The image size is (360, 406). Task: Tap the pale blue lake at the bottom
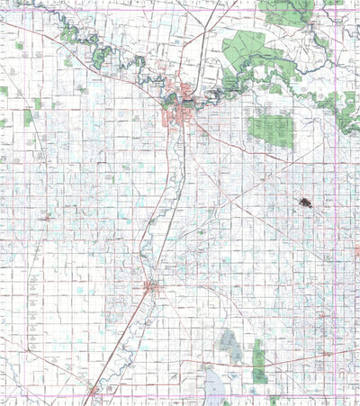(216, 385)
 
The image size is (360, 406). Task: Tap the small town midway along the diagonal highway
(150, 287)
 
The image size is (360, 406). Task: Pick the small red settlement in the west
(46, 217)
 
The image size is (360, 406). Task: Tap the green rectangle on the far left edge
(4, 92)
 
